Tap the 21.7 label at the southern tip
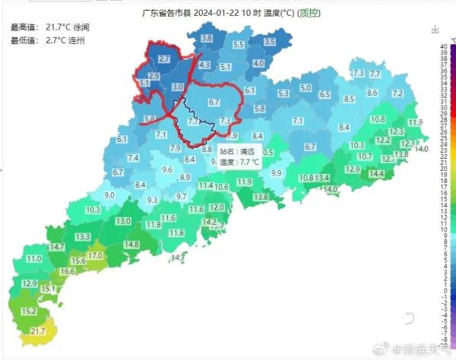pyautogui.click(x=38, y=332)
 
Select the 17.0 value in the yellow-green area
pyautogui.click(x=95, y=256)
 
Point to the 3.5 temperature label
pyautogui.click(x=270, y=42)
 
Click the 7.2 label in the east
pyautogui.click(x=397, y=93)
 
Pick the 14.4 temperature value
pyautogui.click(x=376, y=174)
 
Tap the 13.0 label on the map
pyautogui.click(x=123, y=221)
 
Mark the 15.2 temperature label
pyautogui.click(x=29, y=311)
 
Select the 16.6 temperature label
pyautogui.click(x=68, y=271)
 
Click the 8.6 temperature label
pyautogui.click(x=372, y=93)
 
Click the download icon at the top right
pyautogui.click(x=435, y=30)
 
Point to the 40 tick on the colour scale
pyautogui.click(x=443, y=46)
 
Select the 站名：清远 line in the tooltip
pyautogui.click(x=237, y=152)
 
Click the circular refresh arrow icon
pyautogui.click(x=409, y=319)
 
